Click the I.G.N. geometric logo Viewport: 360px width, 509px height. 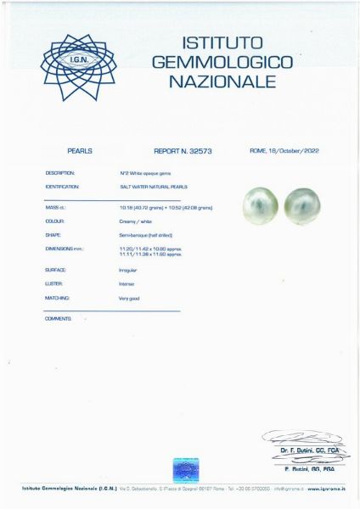click(x=79, y=67)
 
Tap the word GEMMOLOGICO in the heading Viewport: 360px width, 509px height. click(x=222, y=62)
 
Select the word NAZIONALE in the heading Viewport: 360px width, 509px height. click(x=222, y=81)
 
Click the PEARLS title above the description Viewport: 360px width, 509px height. click(x=79, y=151)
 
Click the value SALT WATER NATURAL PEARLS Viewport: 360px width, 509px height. click(x=154, y=186)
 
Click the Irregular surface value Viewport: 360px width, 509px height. click(x=128, y=270)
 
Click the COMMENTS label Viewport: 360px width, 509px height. click(x=58, y=318)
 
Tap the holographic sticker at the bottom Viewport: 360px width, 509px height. click(x=186, y=469)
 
